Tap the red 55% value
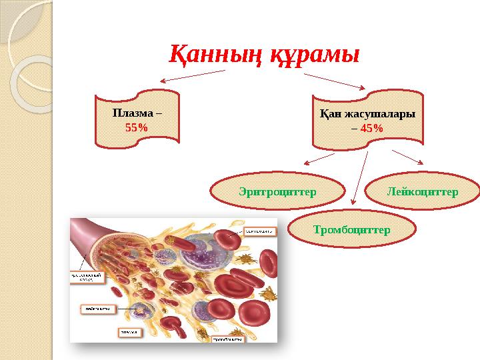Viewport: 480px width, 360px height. point(137,126)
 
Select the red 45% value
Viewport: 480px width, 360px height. point(371,127)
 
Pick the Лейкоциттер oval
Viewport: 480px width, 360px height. point(422,192)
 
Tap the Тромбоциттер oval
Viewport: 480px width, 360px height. point(351,229)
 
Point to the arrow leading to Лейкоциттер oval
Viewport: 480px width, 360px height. point(408,157)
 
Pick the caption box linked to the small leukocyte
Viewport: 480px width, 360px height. point(99,308)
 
